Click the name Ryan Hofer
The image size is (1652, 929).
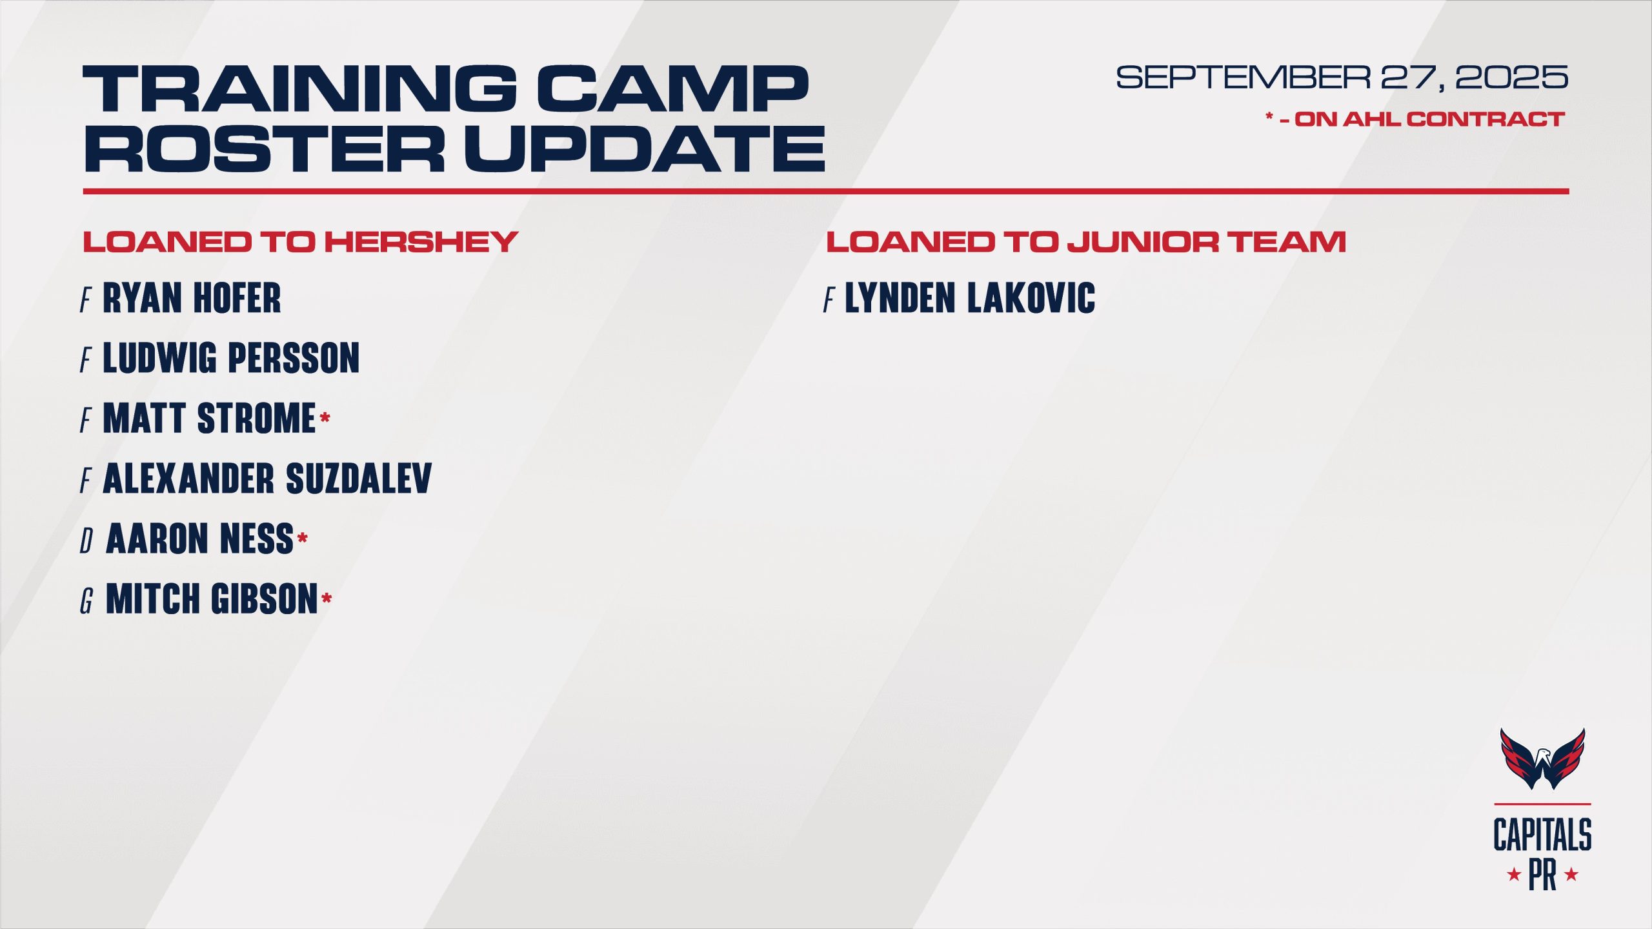pos(192,298)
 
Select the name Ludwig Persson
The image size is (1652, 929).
pos(231,358)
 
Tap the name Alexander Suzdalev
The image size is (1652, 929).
pos(267,479)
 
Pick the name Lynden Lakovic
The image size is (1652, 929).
pos(970,298)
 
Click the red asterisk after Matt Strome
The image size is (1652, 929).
pos(325,418)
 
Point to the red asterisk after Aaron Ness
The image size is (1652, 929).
pos(302,538)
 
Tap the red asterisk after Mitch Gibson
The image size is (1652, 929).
pos(327,599)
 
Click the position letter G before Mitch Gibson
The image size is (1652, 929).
pos(86,601)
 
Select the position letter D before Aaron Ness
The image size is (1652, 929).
pos(86,541)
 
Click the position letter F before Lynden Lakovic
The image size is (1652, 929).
pos(829,300)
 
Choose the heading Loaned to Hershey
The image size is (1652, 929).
pos(300,242)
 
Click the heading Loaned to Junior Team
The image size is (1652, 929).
pos(1086,242)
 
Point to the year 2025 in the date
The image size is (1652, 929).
pos(1511,78)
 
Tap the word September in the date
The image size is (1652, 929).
pos(1243,78)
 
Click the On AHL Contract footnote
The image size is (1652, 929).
pos(1415,119)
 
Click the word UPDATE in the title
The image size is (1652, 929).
pos(645,148)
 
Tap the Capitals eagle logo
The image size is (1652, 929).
pos(1542,759)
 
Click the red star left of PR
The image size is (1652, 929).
pos(1514,875)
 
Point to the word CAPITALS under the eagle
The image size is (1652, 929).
pos(1542,835)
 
